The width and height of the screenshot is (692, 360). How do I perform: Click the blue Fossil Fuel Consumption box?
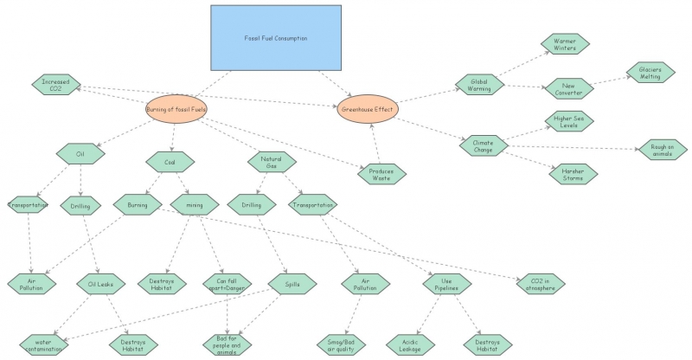274,38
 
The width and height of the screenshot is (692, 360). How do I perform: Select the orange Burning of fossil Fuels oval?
176,110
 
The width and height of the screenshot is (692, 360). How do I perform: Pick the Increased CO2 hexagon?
55,84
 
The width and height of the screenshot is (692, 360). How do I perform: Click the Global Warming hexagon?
479,84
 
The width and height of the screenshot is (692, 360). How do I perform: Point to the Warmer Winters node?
565,43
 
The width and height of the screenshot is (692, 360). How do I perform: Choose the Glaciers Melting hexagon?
650,72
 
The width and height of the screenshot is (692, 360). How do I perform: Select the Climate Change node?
483,145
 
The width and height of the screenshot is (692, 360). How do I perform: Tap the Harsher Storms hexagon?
572,173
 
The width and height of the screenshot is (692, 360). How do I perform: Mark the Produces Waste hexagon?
381,173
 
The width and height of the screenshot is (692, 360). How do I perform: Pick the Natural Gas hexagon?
272,161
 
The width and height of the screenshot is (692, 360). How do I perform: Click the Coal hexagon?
169,161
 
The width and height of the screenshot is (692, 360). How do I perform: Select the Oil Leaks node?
100,282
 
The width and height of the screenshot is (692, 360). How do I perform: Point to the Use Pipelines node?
446,283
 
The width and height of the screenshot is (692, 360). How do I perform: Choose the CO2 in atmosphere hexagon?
536,283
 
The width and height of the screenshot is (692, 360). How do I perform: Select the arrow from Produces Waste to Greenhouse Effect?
373,143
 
